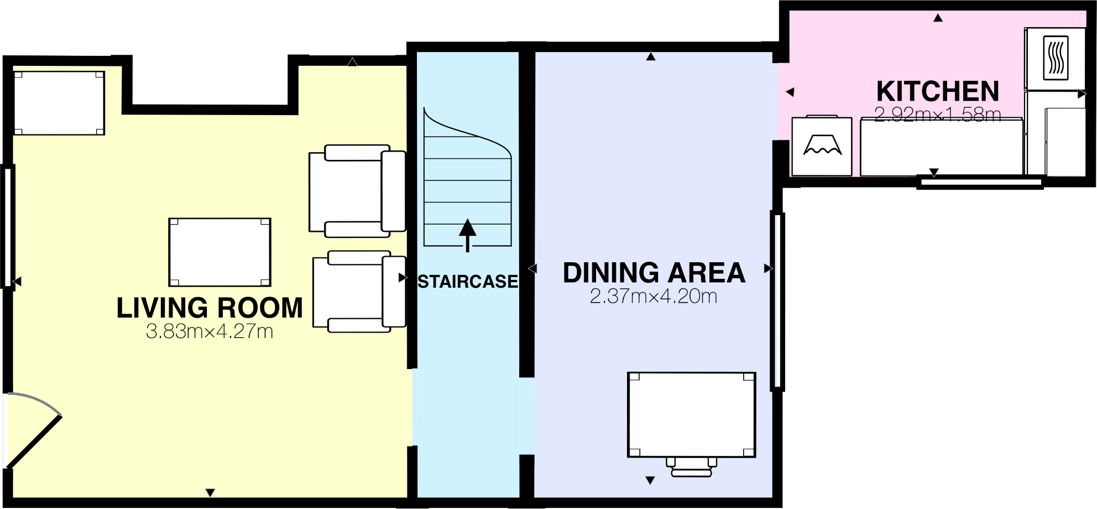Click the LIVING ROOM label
pos(210,308)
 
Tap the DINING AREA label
pos(654,273)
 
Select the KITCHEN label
pos(938,91)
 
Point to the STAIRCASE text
pos(468,282)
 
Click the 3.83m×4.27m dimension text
pos(210,331)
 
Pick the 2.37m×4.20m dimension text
pos(654,297)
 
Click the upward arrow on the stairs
pos(468,235)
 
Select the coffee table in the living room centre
pos(220,252)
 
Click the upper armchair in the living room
pos(357,191)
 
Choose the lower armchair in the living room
pos(359,292)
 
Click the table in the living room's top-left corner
pos(59,103)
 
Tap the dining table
pos(691,415)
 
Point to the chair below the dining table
pos(691,467)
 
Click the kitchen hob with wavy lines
pos(1056,58)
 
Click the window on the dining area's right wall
pos(777,301)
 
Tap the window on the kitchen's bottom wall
pos(980,181)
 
